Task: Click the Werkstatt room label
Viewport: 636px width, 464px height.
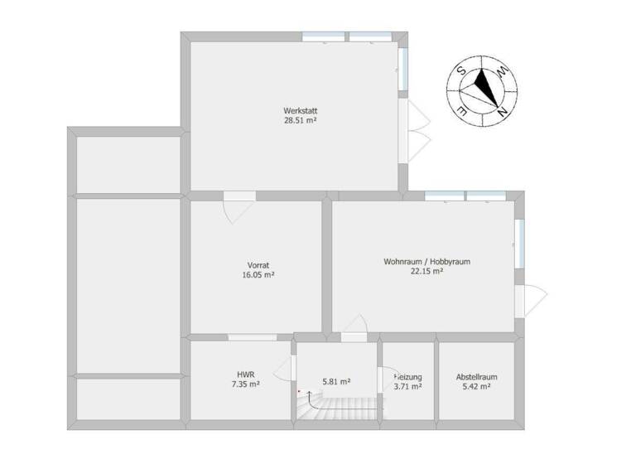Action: coord(300,110)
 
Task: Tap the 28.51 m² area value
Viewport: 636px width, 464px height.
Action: coord(300,120)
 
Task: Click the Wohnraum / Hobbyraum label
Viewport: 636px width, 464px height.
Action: coord(426,262)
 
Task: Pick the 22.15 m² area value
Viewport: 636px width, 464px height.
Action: coord(426,271)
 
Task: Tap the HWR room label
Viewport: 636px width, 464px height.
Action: coord(246,375)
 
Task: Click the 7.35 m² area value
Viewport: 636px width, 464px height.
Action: coord(246,385)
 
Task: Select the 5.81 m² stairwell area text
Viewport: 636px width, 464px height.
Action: coord(336,382)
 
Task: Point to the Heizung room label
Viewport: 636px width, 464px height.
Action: coord(408,377)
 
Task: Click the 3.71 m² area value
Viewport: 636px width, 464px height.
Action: coord(408,386)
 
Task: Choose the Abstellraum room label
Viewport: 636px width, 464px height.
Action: coord(476,377)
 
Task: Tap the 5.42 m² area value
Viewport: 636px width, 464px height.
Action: coord(476,386)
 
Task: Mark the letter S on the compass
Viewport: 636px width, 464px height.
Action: coord(460,72)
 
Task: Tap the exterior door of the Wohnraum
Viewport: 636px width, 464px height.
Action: coord(530,299)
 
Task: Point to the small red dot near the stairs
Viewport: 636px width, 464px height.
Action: coord(299,391)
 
